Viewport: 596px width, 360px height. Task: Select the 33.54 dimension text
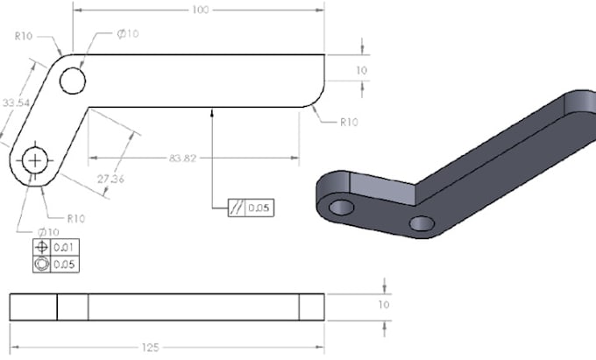(15, 103)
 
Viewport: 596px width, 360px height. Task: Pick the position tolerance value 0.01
(63, 248)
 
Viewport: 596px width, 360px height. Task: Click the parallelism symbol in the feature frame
(236, 208)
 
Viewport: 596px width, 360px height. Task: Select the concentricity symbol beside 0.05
(41, 264)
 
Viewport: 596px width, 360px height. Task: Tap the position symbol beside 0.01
(41, 248)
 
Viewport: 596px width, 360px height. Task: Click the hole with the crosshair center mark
(36, 159)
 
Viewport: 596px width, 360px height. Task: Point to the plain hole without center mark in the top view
(72, 81)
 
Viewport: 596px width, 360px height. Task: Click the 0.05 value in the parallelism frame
(258, 208)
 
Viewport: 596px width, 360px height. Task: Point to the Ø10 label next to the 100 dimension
(128, 33)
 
